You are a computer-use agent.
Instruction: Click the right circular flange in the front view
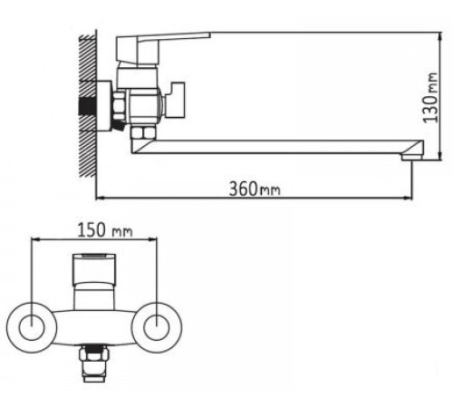[160, 324]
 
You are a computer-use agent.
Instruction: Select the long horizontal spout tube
[272, 145]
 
